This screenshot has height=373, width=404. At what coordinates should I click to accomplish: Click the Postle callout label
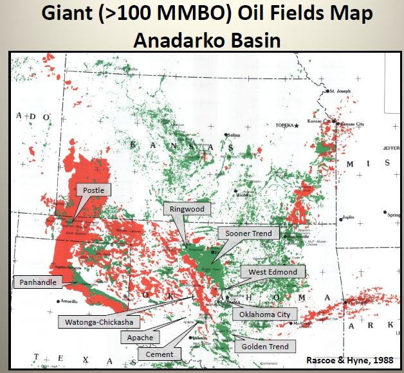click(93, 190)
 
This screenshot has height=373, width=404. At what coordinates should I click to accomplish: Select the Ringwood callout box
click(187, 208)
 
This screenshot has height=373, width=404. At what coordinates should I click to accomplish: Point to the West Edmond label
click(273, 272)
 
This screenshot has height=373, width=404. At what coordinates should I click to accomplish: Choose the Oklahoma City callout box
click(264, 314)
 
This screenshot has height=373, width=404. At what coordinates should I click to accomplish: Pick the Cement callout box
click(158, 353)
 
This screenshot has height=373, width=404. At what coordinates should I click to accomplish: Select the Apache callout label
click(140, 338)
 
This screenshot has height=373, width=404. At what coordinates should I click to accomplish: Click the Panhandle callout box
click(37, 282)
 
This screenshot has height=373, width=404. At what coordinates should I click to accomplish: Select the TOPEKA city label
click(284, 125)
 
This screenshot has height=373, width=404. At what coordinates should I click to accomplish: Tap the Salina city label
click(232, 135)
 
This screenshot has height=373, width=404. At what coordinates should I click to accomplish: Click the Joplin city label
click(348, 217)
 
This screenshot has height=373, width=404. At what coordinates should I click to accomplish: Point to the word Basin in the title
click(255, 41)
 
